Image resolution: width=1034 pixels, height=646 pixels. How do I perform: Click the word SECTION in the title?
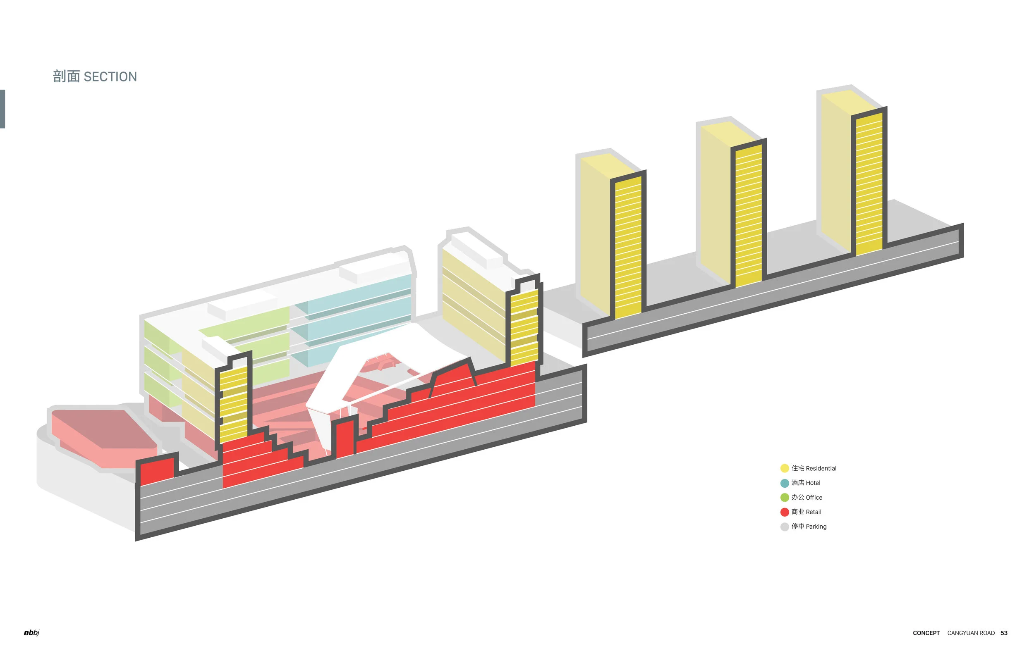tap(110, 77)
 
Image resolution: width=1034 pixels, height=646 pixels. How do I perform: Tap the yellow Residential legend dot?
tap(784, 468)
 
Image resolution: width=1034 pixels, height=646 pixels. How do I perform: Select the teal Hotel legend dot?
tap(784, 483)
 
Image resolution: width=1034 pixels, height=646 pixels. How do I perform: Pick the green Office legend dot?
tap(784, 497)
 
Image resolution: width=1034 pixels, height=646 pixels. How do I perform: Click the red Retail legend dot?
tap(784, 512)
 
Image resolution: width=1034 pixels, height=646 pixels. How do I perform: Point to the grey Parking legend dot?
tap(784, 527)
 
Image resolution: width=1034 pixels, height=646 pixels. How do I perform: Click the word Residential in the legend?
tap(821, 468)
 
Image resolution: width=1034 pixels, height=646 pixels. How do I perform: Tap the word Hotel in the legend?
tap(813, 483)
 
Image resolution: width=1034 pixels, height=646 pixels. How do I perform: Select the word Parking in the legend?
tap(816, 527)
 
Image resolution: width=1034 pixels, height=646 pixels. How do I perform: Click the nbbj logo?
tap(31, 633)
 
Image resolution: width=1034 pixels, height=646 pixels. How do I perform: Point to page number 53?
tap(1004, 633)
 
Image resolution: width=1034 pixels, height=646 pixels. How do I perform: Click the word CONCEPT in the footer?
tap(926, 633)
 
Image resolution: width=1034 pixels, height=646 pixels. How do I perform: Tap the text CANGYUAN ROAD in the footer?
tap(971, 633)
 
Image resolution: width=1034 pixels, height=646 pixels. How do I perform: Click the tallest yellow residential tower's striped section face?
tap(869, 184)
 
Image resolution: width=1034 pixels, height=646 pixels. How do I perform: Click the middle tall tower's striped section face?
tap(749, 216)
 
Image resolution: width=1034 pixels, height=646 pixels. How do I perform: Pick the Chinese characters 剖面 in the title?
tap(66, 77)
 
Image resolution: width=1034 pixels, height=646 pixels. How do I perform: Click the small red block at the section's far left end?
tap(157, 470)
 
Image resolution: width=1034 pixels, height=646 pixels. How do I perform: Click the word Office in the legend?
tap(814, 497)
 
